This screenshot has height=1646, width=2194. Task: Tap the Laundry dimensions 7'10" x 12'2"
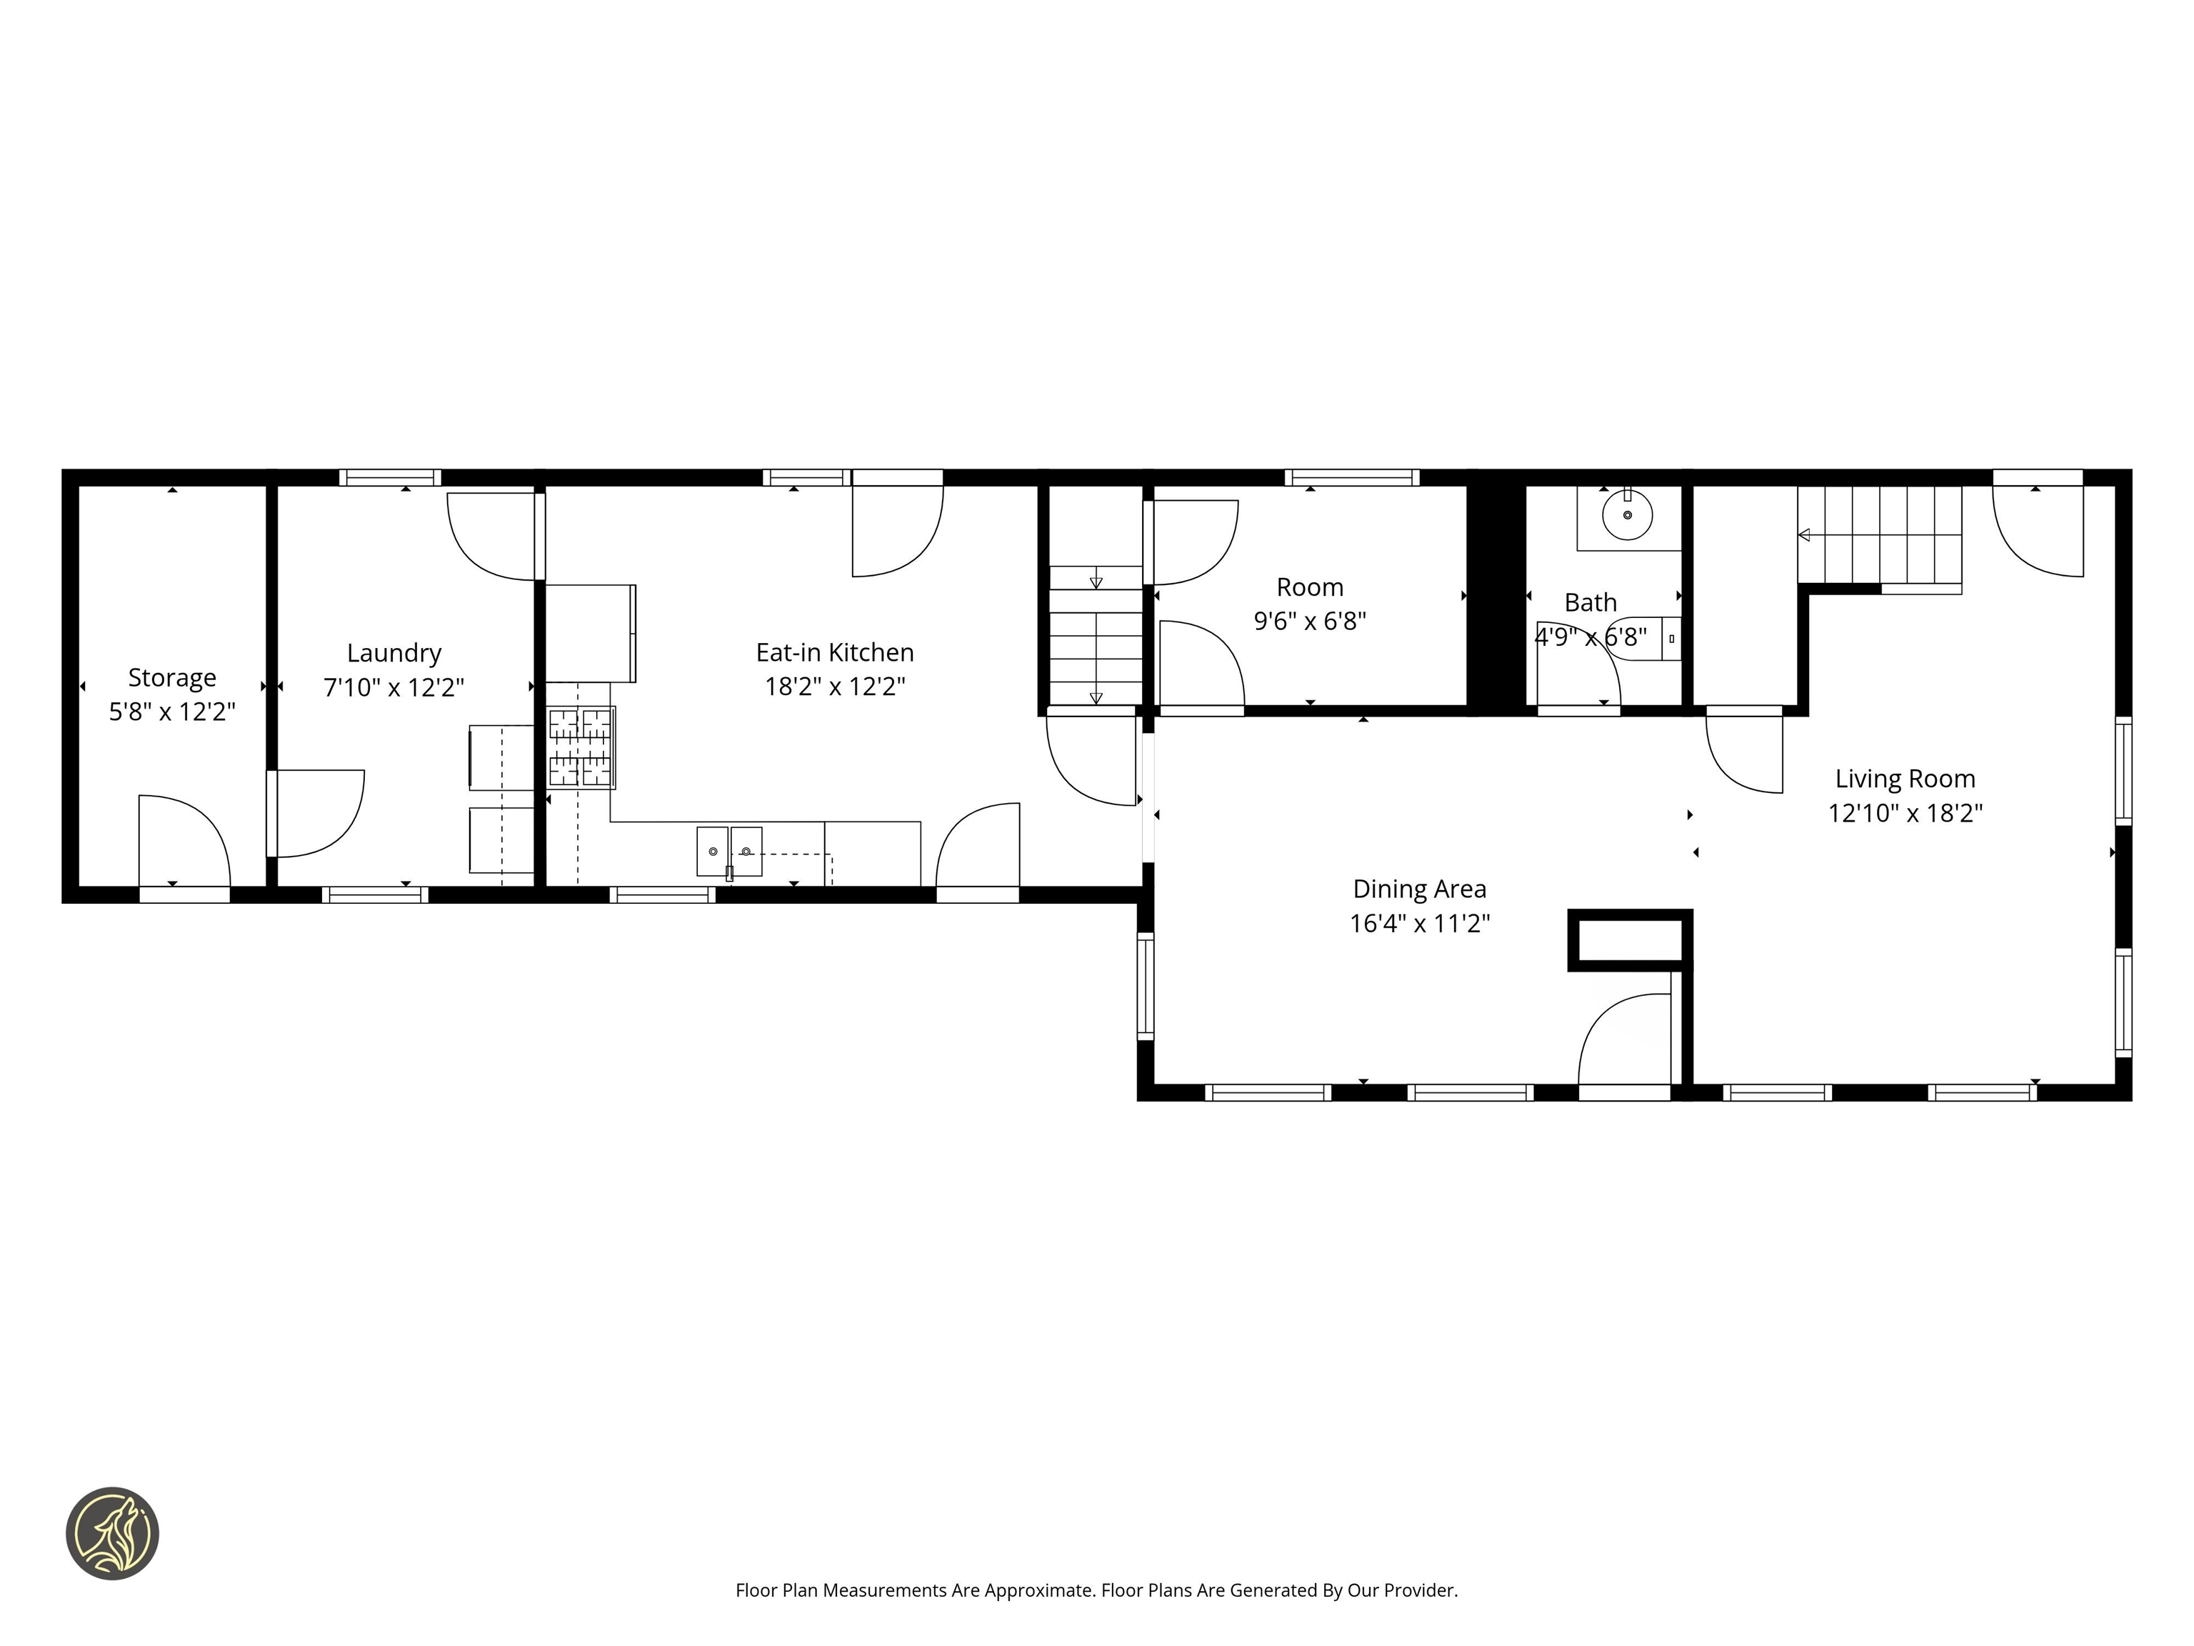[x=394, y=687]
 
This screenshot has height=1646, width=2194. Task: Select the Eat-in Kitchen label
[x=834, y=652]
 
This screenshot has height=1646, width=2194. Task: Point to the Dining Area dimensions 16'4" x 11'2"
[x=1419, y=923]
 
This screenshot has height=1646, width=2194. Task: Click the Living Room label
[x=1904, y=779]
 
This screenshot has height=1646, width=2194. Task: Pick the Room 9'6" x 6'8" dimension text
[x=1309, y=621]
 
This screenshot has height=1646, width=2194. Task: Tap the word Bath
[x=1590, y=602]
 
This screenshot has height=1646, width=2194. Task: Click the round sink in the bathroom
[x=1628, y=516]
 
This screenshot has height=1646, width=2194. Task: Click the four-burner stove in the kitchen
[x=581, y=747]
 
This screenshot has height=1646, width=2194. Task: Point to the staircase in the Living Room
[x=1880, y=536]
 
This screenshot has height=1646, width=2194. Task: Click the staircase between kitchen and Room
[x=1095, y=635]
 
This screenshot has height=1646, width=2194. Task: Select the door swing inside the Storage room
[x=184, y=839]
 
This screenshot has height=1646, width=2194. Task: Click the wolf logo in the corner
[x=112, y=1533]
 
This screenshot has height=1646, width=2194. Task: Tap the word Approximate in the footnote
[x=1038, y=1590]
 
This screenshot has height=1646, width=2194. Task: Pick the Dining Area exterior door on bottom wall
[x=1623, y=1092]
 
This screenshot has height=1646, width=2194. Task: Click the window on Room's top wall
[x=1351, y=477]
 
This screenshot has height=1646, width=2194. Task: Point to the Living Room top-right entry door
[x=2038, y=531]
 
